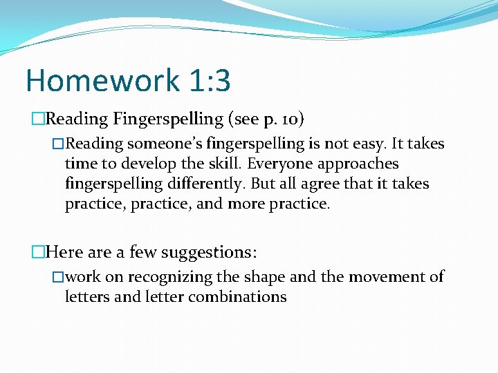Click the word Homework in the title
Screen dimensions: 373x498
point(102,81)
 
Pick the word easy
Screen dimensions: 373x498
point(368,144)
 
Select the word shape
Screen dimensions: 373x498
point(264,277)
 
